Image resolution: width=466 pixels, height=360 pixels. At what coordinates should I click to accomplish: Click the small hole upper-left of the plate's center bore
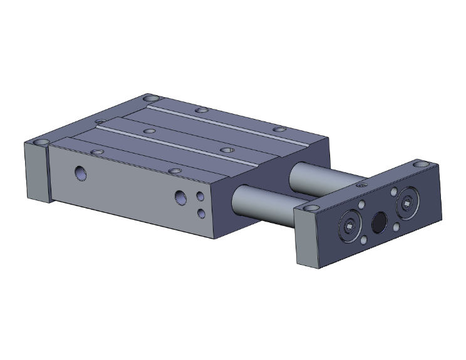pyautogui.click(x=362, y=205)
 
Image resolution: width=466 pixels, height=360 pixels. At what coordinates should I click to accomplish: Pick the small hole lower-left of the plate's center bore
pyautogui.click(x=365, y=239)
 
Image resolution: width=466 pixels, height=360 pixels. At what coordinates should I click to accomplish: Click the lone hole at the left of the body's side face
pyautogui.click(x=81, y=172)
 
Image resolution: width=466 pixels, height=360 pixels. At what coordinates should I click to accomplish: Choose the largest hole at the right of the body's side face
pyautogui.click(x=180, y=198)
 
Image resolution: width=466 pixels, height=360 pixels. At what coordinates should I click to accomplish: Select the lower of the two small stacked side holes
pyautogui.click(x=201, y=214)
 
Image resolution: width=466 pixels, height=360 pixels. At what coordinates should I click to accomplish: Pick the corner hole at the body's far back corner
pyautogui.click(x=151, y=98)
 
